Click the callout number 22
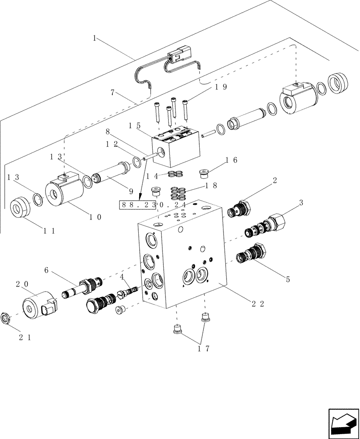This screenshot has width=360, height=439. point(259,304)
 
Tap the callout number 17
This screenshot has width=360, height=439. point(203,349)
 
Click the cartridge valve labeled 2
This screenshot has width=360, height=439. point(239,209)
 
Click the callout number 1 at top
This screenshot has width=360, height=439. point(94,38)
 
